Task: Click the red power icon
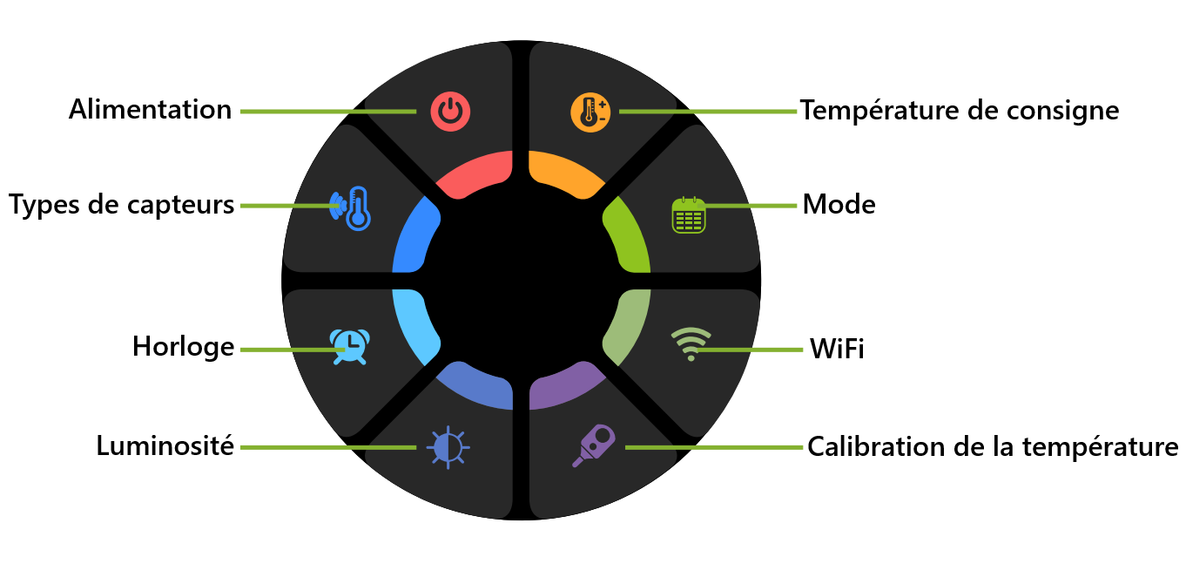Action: click(450, 112)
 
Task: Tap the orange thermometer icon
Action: click(590, 112)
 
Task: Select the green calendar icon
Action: click(689, 214)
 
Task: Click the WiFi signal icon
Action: click(691, 343)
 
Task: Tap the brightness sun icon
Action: click(448, 447)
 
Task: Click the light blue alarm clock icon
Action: click(348, 346)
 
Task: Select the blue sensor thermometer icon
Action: click(351, 208)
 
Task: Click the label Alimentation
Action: click(151, 110)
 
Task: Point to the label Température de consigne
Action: click(960, 111)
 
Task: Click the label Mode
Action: click(839, 205)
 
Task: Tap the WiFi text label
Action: click(837, 350)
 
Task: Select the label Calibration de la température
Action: click(993, 446)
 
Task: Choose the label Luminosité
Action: click(165, 446)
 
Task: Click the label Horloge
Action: click(183, 347)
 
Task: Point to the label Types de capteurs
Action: click(122, 205)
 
